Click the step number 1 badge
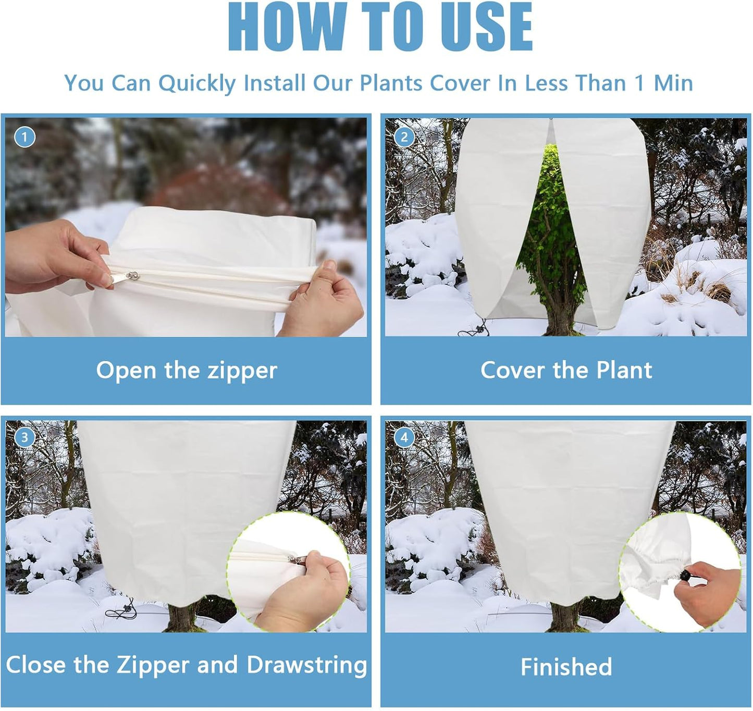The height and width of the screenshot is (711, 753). pyautogui.click(x=24, y=137)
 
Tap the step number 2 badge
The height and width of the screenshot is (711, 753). pyautogui.click(x=404, y=137)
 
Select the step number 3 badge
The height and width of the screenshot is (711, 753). pyautogui.click(x=24, y=437)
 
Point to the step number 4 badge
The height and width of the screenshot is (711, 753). pyautogui.click(x=404, y=437)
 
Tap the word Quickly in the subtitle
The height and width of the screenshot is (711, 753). pyautogui.click(x=197, y=83)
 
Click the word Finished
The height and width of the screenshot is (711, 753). pyautogui.click(x=566, y=667)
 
